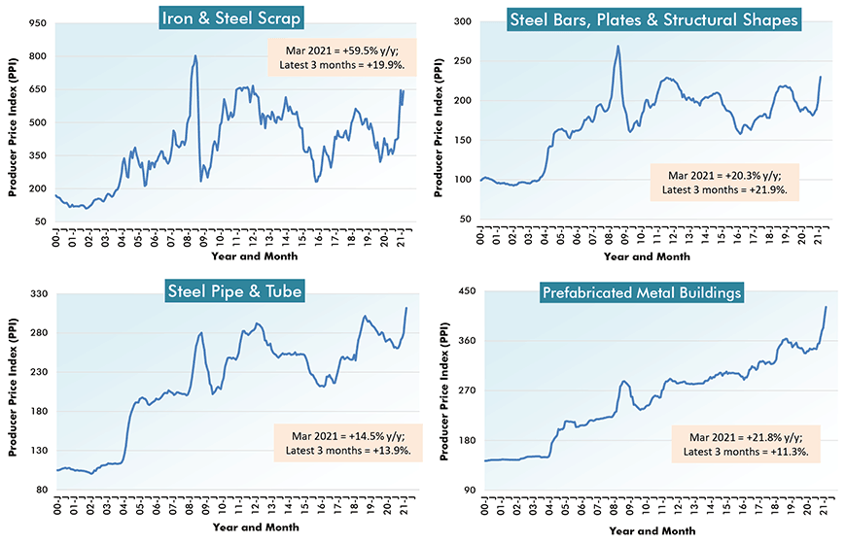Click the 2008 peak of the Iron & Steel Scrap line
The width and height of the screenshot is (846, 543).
click(195, 56)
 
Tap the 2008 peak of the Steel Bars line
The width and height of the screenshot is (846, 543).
click(618, 46)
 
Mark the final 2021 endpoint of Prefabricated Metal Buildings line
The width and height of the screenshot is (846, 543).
click(826, 307)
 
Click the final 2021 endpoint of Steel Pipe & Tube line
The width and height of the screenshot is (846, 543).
click(405, 308)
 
